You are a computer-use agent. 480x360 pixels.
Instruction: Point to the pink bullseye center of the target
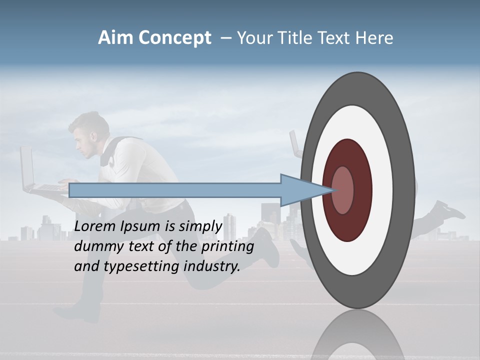(343, 190)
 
